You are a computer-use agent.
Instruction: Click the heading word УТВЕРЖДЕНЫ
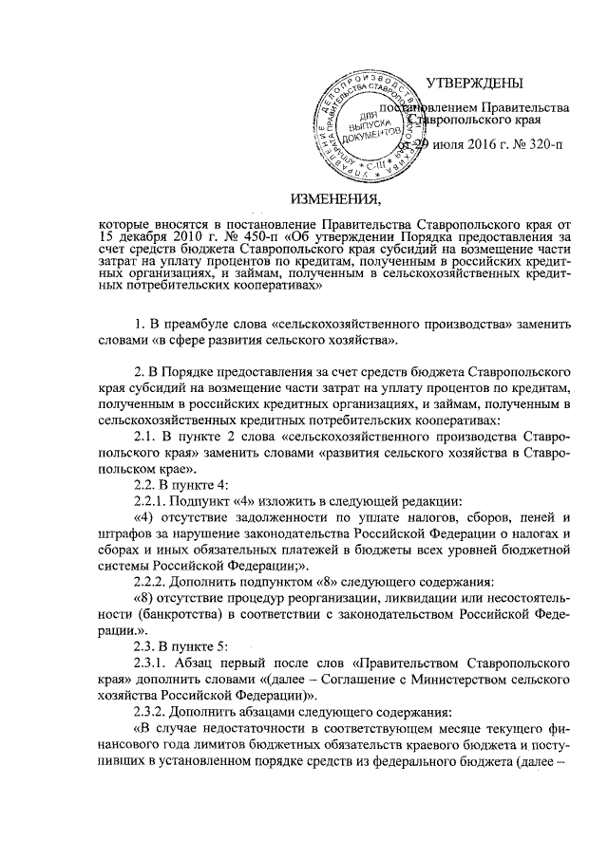point(472,85)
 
